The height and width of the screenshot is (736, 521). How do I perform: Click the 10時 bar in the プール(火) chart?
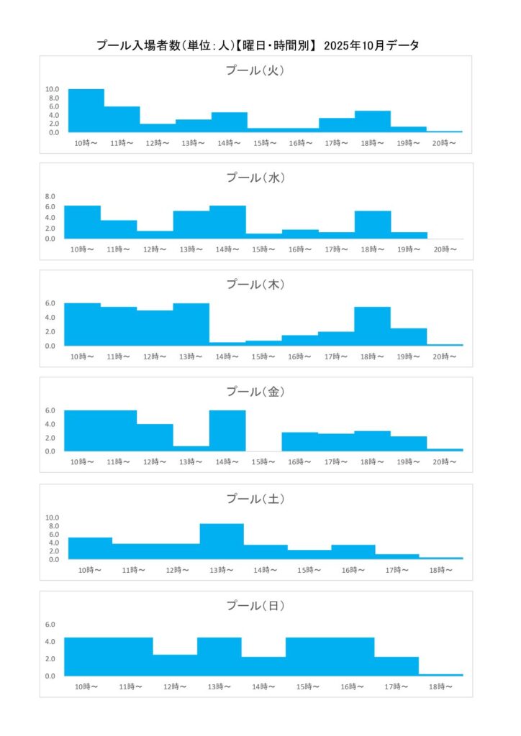point(86,111)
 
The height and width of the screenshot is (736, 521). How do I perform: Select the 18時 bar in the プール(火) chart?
point(373,121)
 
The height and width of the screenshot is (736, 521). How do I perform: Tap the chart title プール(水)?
point(256,178)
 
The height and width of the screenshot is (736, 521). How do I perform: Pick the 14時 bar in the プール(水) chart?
point(227,222)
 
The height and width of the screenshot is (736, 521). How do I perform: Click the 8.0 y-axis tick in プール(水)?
point(50,196)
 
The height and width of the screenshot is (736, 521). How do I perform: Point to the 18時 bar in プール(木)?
point(373,326)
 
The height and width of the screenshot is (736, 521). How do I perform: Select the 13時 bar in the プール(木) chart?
point(191,324)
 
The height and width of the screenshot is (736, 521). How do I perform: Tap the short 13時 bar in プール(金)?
point(191,448)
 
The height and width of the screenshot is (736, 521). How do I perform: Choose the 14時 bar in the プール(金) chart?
point(227,431)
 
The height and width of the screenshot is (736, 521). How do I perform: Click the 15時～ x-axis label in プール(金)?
point(263,463)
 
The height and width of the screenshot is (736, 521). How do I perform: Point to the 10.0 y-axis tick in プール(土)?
point(53,517)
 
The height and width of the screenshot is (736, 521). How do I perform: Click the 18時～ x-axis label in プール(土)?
point(440,570)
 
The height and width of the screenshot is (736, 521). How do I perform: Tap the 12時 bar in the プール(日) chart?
point(175,665)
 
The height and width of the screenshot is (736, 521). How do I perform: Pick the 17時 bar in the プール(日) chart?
point(397,666)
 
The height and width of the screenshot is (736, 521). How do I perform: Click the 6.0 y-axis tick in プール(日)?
point(50,624)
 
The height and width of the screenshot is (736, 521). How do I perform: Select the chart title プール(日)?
point(256,606)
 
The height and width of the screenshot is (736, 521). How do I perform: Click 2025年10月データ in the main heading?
point(372,45)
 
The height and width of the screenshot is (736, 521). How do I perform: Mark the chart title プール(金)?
point(256,392)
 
